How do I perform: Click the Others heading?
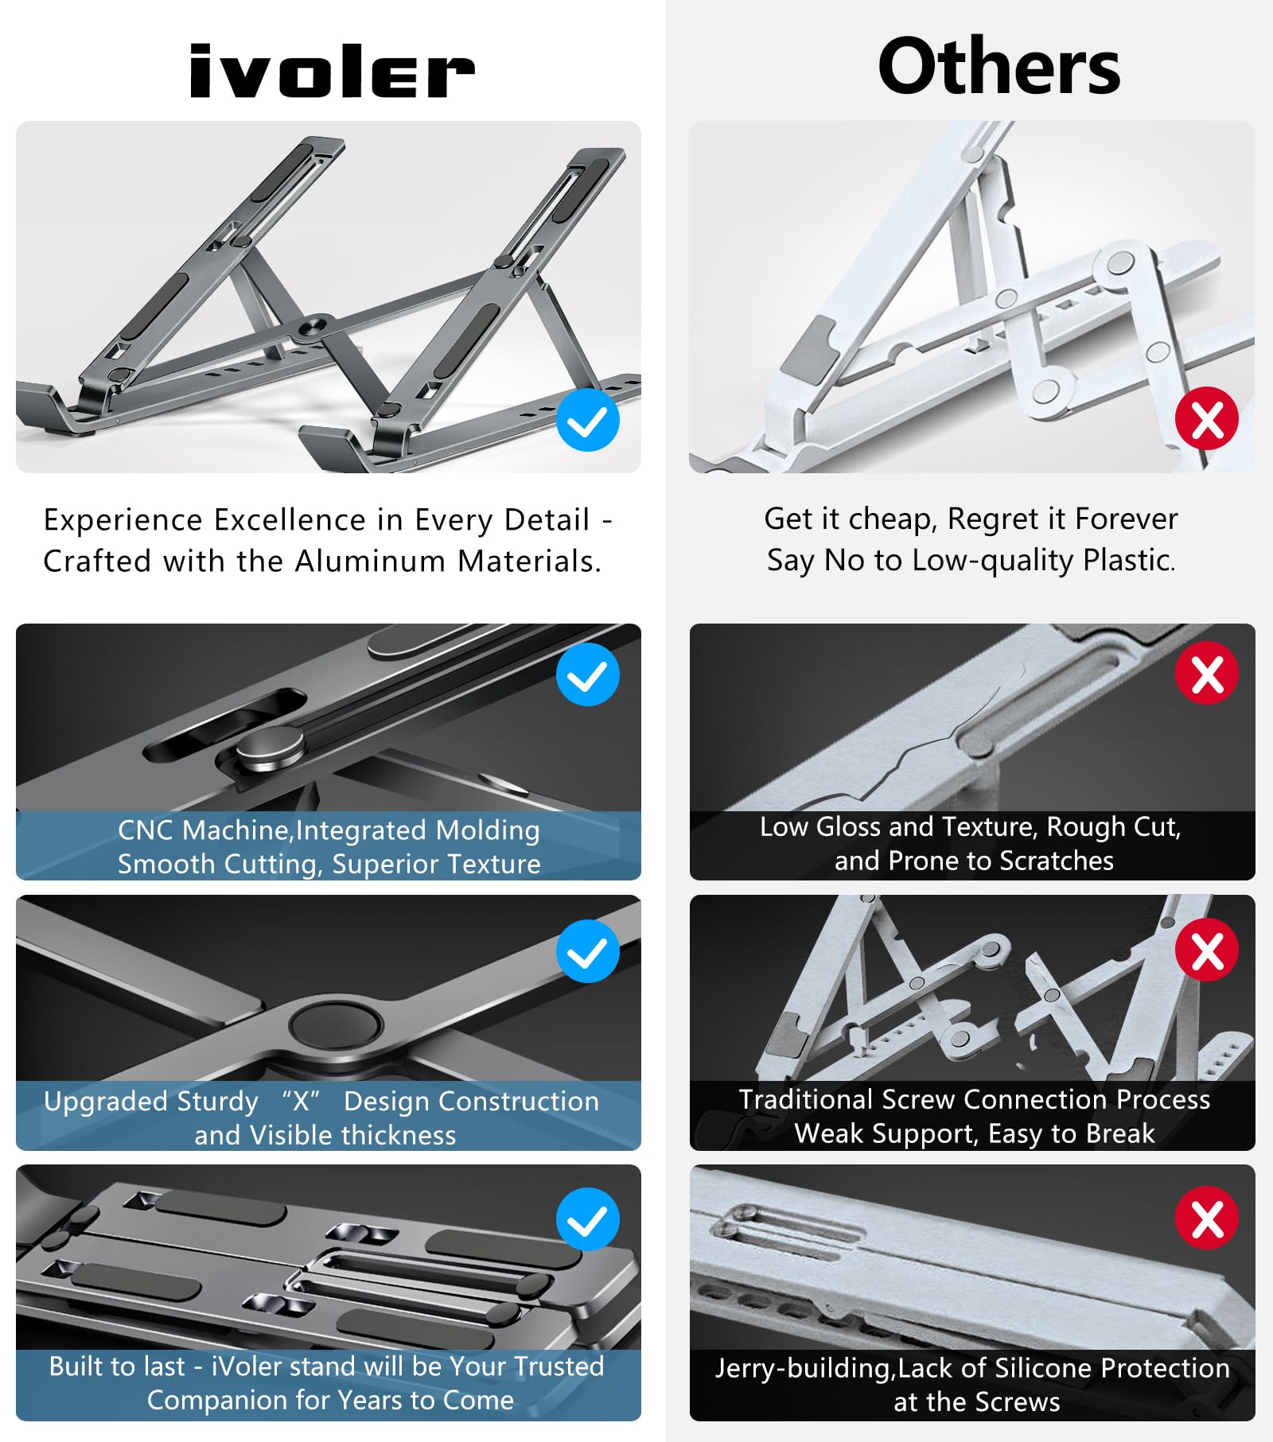click(x=999, y=67)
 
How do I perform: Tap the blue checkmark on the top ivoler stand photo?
click(x=588, y=421)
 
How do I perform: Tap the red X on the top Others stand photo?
click(x=1207, y=418)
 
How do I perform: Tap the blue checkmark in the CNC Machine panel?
click(x=588, y=674)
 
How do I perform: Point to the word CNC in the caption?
click(x=146, y=830)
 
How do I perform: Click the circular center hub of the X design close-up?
click(x=335, y=1024)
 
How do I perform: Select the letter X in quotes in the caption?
click(x=301, y=1102)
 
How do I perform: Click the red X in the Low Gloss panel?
click(x=1207, y=673)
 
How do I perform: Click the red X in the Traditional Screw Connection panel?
click(x=1207, y=950)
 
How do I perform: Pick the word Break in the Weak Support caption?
click(x=1120, y=1133)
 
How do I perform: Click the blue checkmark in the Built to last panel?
click(x=588, y=1219)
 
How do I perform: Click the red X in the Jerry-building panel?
click(x=1207, y=1218)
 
